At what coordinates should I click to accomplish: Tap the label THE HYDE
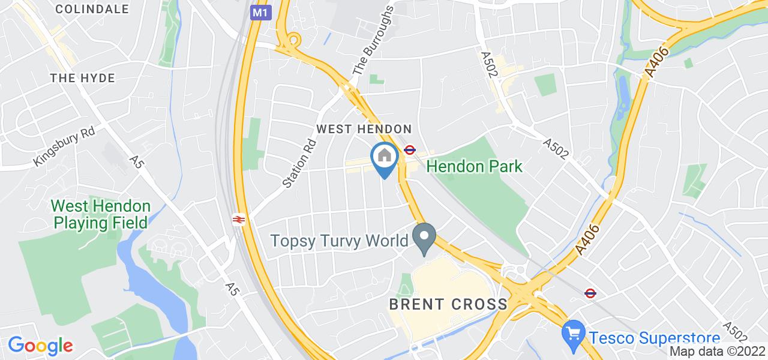tap(82, 78)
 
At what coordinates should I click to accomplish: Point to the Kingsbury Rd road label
tap(65, 146)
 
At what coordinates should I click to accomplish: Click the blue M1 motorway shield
tap(259, 12)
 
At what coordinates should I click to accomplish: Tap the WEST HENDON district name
tap(364, 129)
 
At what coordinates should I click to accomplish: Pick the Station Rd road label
tap(298, 164)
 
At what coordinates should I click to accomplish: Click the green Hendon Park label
tap(475, 166)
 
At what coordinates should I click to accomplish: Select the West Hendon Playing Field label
tap(101, 215)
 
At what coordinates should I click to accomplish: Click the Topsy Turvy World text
tap(340, 241)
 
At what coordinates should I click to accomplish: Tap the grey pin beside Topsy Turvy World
tap(425, 238)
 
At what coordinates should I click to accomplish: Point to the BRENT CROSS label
tap(448, 304)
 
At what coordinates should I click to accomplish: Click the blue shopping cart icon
tap(573, 332)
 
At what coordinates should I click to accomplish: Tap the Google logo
tap(40, 346)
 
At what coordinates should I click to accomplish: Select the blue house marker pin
tap(385, 157)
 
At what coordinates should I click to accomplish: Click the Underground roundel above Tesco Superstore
tap(590, 293)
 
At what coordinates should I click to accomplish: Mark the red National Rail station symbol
tap(238, 220)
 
